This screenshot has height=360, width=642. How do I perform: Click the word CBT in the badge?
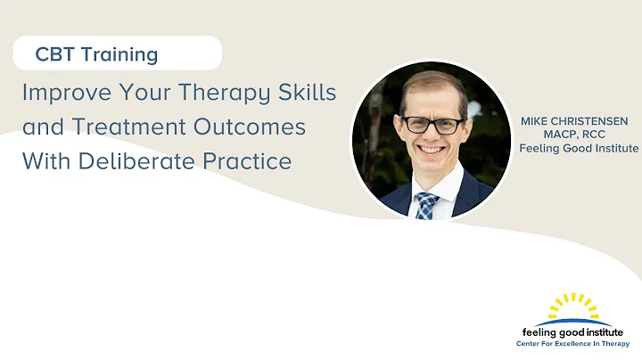pyautogui.click(x=55, y=54)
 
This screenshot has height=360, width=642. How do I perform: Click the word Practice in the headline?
pyautogui.click(x=253, y=161)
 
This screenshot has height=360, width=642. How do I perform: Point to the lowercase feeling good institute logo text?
pyautogui.click(x=572, y=330)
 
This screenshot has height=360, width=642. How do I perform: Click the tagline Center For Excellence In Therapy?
pyautogui.click(x=572, y=343)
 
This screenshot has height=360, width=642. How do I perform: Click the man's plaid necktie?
pyautogui.click(x=426, y=205)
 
